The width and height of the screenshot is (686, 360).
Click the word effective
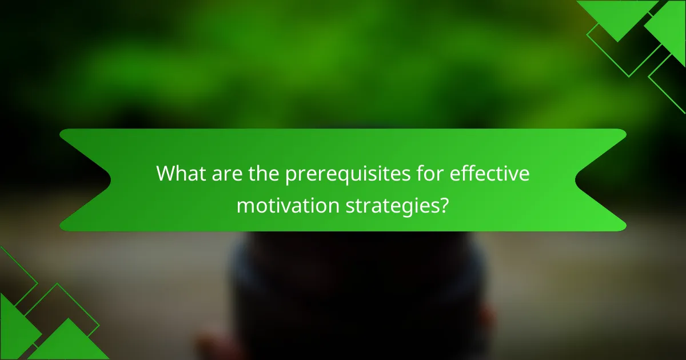(x=490, y=174)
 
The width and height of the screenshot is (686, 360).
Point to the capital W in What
(x=167, y=174)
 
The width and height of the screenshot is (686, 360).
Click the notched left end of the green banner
(x=86, y=180)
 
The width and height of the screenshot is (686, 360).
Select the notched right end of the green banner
(x=600, y=180)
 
